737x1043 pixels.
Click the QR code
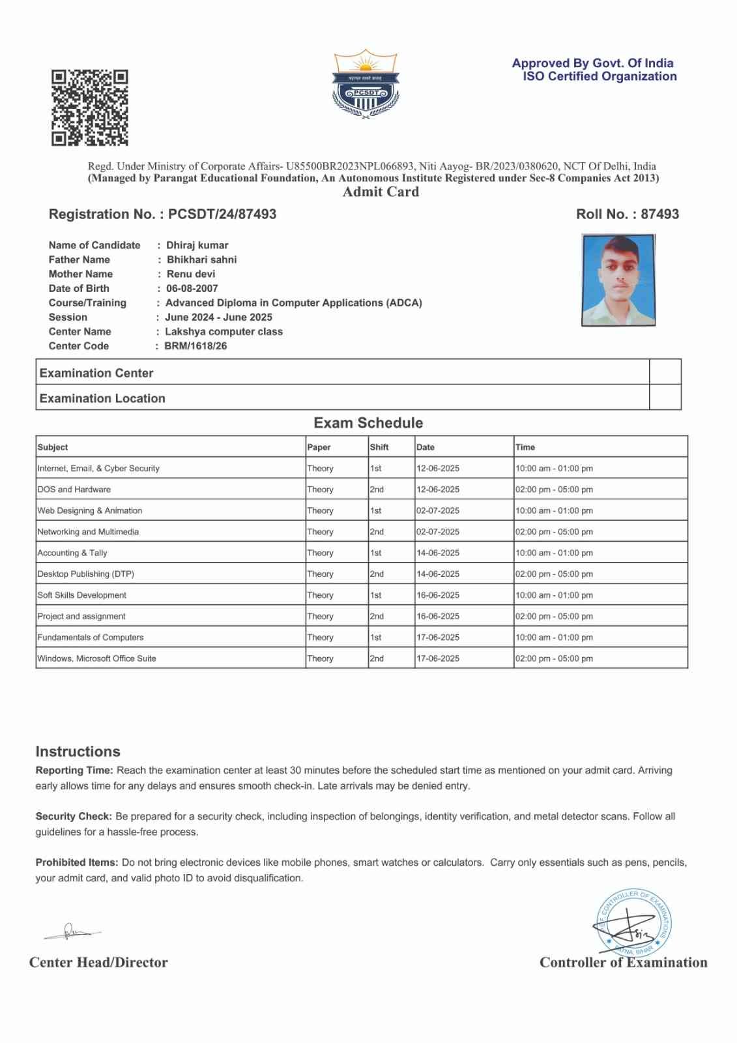pyautogui.click(x=90, y=108)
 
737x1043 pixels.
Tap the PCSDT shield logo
pyautogui.click(x=366, y=83)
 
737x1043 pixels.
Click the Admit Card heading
pyautogui.click(x=381, y=192)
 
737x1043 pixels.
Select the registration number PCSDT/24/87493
pyautogui.click(x=222, y=214)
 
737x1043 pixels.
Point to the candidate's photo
pyautogui.click(x=618, y=280)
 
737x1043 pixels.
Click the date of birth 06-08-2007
pyautogui.click(x=192, y=288)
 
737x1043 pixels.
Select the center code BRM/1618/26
pyautogui.click(x=195, y=346)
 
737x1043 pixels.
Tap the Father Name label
pyautogui.click(x=79, y=259)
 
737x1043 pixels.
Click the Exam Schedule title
pyautogui.click(x=368, y=423)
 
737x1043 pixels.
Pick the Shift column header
pyautogui.click(x=379, y=447)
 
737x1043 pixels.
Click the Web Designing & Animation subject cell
pyautogui.click(x=90, y=510)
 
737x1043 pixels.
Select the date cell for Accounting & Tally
pyautogui.click(x=438, y=553)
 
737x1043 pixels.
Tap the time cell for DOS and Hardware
pyautogui.click(x=554, y=490)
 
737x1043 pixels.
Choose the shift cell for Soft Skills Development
pyautogui.click(x=376, y=595)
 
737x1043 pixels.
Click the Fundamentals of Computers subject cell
pyautogui.click(x=91, y=638)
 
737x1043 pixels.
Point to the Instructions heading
pyautogui.click(x=78, y=752)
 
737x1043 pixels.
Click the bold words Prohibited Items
pyautogui.click(x=77, y=862)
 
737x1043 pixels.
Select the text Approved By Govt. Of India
pyautogui.click(x=592, y=63)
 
